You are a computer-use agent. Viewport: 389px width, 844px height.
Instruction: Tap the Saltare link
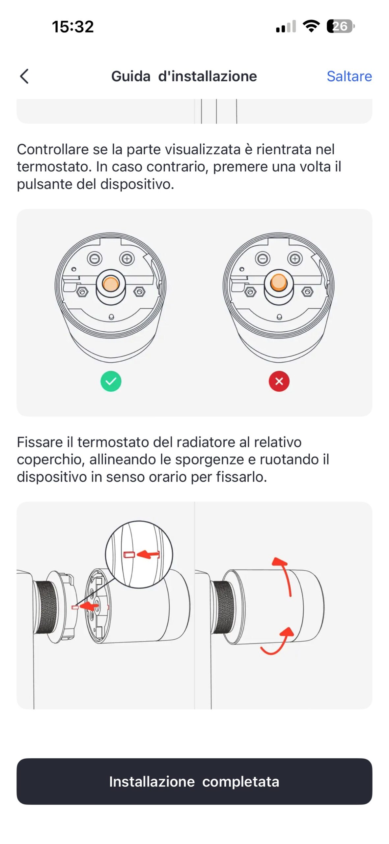[349, 76]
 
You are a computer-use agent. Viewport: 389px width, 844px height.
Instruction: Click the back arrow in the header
[24, 76]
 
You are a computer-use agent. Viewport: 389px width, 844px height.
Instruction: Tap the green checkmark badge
[111, 381]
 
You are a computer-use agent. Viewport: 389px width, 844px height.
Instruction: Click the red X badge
[279, 381]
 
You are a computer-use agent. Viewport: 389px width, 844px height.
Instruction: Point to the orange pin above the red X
[279, 282]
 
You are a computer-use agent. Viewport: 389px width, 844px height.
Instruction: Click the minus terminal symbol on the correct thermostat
[95, 258]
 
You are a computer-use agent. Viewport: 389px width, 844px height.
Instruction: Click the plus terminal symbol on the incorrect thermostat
[295, 258]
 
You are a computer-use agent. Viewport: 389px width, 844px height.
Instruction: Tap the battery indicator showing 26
[341, 26]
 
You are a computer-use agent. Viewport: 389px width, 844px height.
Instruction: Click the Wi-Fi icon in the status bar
[311, 26]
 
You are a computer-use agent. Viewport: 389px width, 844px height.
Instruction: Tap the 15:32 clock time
[73, 27]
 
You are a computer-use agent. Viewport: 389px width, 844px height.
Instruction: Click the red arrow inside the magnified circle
[148, 555]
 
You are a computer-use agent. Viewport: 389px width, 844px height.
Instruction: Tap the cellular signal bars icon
[286, 26]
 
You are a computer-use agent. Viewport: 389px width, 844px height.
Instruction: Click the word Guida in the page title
[131, 76]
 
